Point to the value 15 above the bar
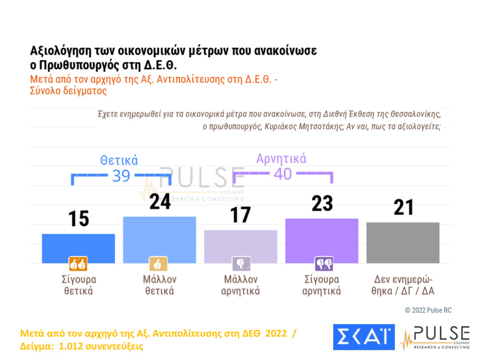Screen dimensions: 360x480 pos(79,219)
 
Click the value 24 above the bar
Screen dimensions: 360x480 pos(159,202)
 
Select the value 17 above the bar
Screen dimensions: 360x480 pos(241,215)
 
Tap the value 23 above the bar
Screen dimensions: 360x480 pos(322,203)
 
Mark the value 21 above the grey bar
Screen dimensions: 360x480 pos(403,207)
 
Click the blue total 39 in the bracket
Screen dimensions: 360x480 pos(121,176)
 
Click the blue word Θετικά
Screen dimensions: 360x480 pos(119,160)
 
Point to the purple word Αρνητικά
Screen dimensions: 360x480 pos(281,159)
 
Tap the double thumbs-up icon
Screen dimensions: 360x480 pos(77,264)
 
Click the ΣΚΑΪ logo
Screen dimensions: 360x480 pos(363,338)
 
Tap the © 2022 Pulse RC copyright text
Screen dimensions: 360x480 pos(428,310)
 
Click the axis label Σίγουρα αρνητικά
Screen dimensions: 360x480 pos(322,285)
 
